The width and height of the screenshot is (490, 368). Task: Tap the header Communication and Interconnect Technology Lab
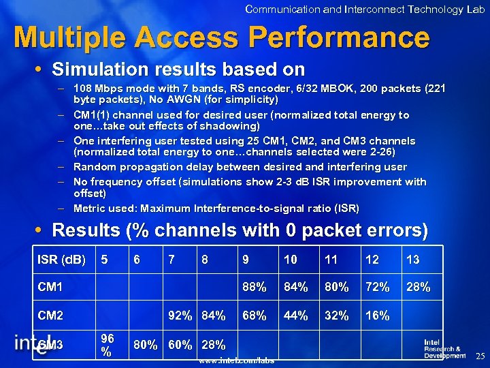[x=365, y=9]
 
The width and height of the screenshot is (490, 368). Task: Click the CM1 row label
[x=50, y=288]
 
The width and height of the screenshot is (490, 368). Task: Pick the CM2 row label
[x=50, y=316]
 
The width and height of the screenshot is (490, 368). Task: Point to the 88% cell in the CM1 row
[x=253, y=288]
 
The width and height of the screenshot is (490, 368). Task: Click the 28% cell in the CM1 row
[x=419, y=288]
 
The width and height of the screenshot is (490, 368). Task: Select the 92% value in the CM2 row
[x=181, y=316]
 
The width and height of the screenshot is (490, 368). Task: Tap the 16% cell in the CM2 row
[x=378, y=316]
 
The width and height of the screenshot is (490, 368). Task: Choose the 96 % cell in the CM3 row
[x=107, y=344]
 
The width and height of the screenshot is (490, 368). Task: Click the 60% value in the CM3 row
[x=180, y=345]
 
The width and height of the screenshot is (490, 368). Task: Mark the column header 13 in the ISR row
[x=412, y=260]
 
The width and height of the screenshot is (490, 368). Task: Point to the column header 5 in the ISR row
[x=104, y=260]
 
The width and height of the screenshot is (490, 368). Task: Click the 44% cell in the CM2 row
[x=296, y=316]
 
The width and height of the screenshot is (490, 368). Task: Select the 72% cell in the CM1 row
[x=378, y=288]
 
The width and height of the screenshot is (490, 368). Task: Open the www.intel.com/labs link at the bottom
[x=236, y=360]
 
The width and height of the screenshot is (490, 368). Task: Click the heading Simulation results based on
[x=178, y=70]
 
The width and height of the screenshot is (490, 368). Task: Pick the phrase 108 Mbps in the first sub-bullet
[x=95, y=88]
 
